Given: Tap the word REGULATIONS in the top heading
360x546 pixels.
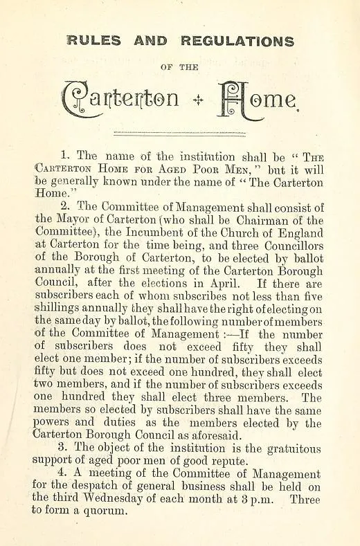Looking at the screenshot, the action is [x=237, y=41].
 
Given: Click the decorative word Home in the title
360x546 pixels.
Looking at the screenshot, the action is [x=258, y=99].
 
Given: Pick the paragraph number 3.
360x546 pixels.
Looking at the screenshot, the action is [x=67, y=448].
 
